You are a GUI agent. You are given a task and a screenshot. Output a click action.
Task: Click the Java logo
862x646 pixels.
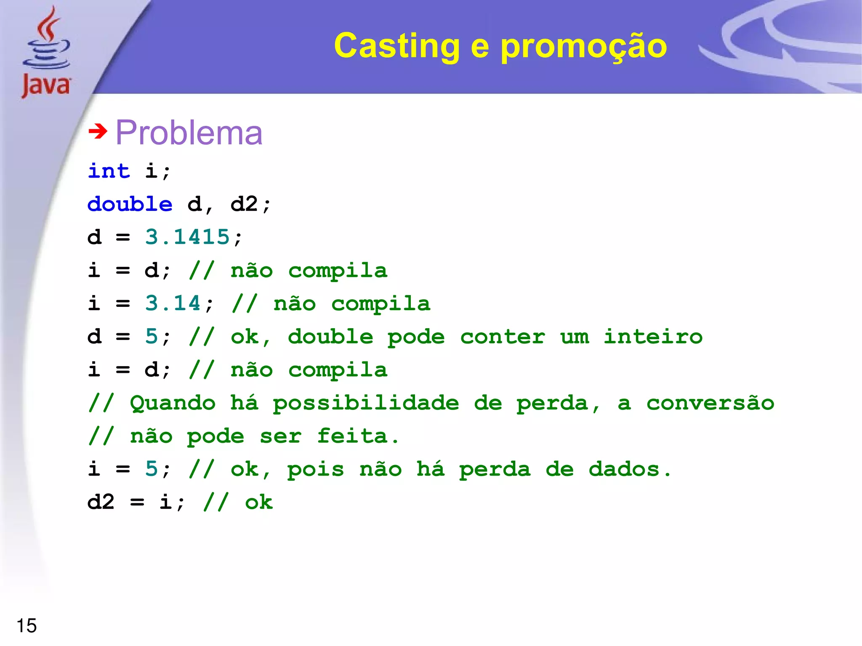(x=46, y=53)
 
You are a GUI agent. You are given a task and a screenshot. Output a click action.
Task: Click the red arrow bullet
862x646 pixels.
(x=98, y=131)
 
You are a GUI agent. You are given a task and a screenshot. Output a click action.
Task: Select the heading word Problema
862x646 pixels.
(x=189, y=133)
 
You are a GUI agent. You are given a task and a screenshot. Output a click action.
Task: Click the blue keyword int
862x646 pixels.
(x=109, y=171)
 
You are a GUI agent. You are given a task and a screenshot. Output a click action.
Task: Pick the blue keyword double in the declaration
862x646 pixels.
(x=130, y=204)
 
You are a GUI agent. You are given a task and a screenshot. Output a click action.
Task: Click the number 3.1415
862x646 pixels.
(x=187, y=237)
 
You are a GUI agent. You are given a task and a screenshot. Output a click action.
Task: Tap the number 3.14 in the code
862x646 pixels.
(x=173, y=303)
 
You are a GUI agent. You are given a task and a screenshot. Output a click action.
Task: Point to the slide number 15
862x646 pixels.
(x=27, y=625)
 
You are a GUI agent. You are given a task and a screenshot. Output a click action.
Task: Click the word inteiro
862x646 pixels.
(x=653, y=337)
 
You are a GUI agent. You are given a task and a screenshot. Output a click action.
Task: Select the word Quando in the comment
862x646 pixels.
(x=173, y=403)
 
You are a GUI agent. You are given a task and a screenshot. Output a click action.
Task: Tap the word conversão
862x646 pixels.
(x=710, y=403)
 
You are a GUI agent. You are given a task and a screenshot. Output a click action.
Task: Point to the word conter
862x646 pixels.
(x=503, y=337)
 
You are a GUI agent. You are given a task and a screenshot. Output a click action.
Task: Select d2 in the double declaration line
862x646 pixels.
(x=244, y=204)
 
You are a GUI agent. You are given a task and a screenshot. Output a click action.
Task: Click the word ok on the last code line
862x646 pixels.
(x=259, y=502)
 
